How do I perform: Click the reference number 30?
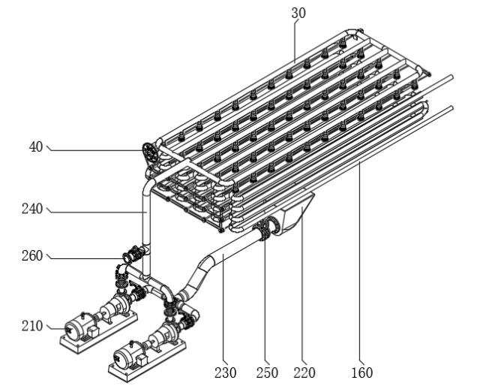pyautogui.click(x=299, y=13)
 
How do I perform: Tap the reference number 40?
pyautogui.click(x=34, y=148)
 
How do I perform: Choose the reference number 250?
pyautogui.click(x=267, y=372)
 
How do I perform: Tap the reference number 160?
pyautogui.click(x=361, y=372)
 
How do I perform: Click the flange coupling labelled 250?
pyautogui.click(x=264, y=230)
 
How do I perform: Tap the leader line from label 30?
pyautogui.click(x=295, y=38)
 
